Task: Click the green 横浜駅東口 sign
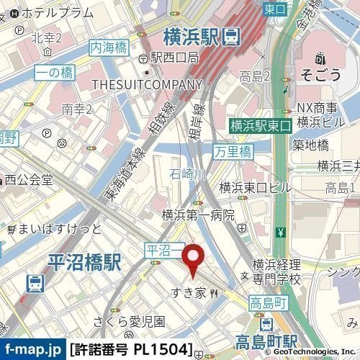260,125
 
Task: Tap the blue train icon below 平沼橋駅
33,283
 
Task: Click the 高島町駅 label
256,341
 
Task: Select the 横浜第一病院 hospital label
198,215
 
